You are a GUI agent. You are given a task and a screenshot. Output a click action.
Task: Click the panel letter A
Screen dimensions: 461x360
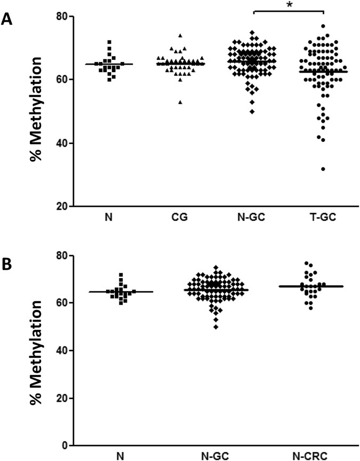pyautogui.click(x=7, y=20)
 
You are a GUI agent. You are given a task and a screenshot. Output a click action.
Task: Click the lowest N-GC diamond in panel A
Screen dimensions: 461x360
pyautogui.click(x=252, y=112)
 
